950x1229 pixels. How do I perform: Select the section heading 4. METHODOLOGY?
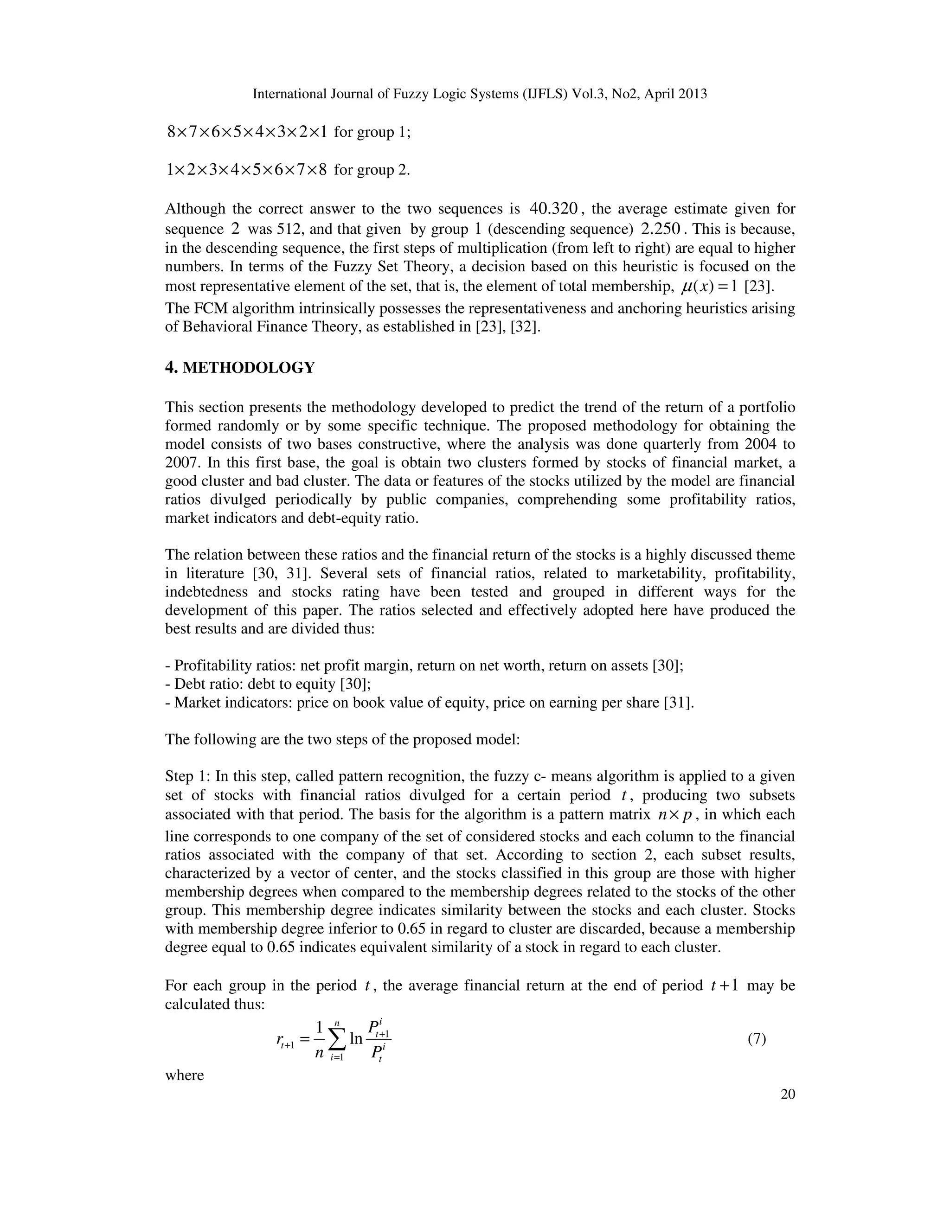[x=240, y=368]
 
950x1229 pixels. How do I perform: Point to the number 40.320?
[x=554, y=209]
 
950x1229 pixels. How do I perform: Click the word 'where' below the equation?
[x=184, y=1075]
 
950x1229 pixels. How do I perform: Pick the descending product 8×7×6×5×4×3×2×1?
[x=247, y=132]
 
